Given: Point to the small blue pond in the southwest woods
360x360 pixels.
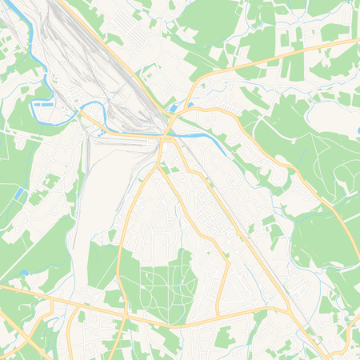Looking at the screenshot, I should [25, 273].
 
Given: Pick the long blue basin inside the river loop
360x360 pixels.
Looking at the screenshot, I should [45, 104].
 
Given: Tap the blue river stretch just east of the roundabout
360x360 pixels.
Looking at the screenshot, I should [192, 136].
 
